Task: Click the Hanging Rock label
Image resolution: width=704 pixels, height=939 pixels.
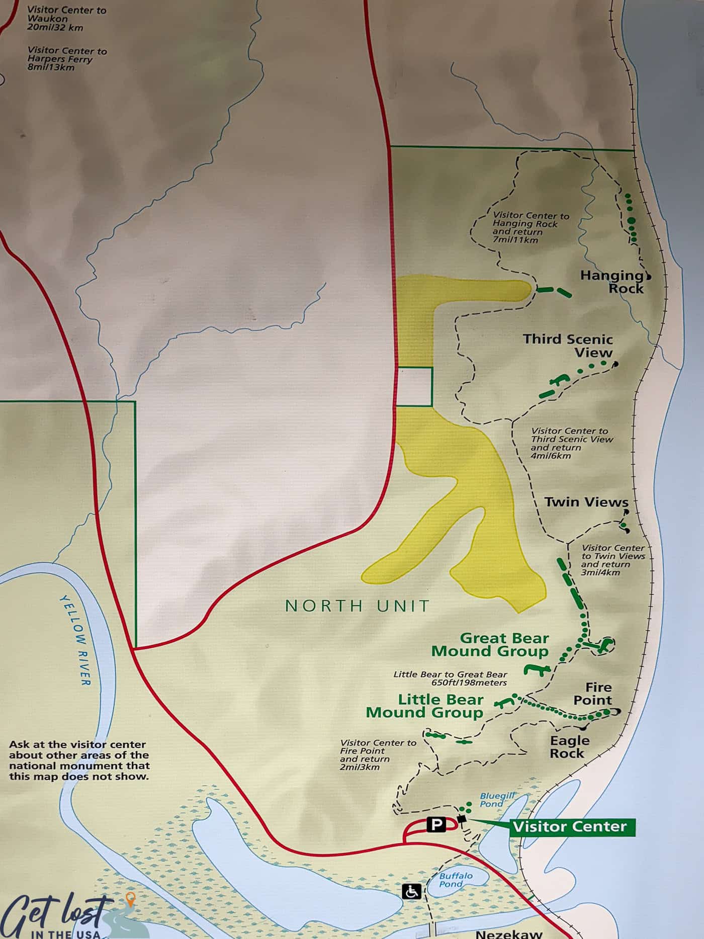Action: pyautogui.click(x=612, y=282)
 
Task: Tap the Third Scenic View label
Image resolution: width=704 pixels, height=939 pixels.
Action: pyautogui.click(x=568, y=346)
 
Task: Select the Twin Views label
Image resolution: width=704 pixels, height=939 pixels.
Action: pyautogui.click(x=586, y=502)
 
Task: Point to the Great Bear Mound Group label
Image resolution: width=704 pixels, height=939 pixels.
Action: pyautogui.click(x=490, y=645)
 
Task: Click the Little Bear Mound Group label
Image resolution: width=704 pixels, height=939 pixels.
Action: pyautogui.click(x=425, y=706)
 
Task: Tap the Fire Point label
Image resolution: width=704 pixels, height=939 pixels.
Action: pyautogui.click(x=593, y=694)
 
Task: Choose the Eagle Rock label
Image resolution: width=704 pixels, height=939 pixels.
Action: pyautogui.click(x=569, y=747)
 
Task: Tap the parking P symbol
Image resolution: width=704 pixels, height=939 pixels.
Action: pyautogui.click(x=436, y=824)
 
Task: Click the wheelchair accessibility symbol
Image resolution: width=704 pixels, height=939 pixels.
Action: pyautogui.click(x=411, y=892)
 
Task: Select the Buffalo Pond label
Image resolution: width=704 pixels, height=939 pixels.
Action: pyautogui.click(x=456, y=880)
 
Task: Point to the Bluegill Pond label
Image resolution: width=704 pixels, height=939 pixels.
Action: pyautogui.click(x=496, y=800)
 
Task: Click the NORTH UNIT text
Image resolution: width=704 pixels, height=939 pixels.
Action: pyautogui.click(x=358, y=606)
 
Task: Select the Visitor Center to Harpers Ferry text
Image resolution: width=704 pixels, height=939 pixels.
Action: pyautogui.click(x=67, y=59)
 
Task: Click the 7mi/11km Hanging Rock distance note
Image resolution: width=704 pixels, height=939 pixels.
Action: pyautogui.click(x=515, y=240)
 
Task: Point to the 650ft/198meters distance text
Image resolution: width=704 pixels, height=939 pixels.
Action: pyautogui.click(x=469, y=682)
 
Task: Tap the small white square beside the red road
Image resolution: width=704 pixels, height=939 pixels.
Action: pyautogui.click(x=415, y=386)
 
